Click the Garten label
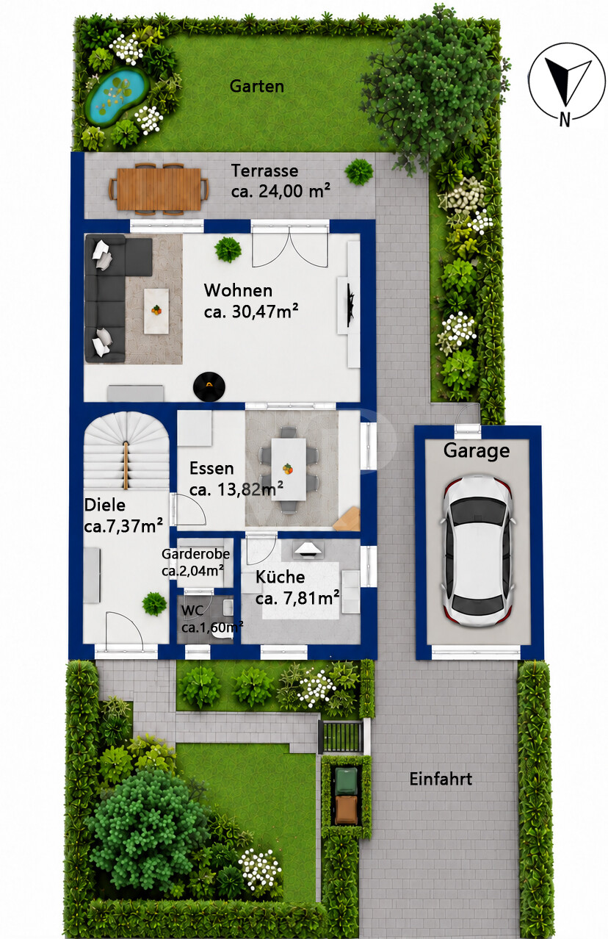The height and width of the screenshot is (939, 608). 256,87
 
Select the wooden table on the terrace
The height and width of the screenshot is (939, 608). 159,189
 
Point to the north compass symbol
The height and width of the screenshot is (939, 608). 566,84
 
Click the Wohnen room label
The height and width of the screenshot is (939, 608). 238,290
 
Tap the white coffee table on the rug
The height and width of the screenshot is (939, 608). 156,311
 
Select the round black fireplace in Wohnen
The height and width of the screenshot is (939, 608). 209,386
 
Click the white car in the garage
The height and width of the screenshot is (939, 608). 478,551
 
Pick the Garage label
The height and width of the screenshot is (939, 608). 477,451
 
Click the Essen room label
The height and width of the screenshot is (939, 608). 211,468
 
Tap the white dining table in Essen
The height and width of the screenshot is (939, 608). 289,469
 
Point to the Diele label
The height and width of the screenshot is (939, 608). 105,505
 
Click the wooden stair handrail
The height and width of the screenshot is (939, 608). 126,465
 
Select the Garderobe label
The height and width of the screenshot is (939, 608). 195,554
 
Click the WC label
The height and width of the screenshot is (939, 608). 192,611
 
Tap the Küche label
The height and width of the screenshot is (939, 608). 280,578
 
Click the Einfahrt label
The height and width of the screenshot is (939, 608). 441,780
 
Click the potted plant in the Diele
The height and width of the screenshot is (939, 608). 154,604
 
